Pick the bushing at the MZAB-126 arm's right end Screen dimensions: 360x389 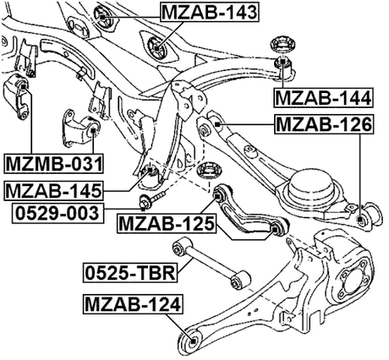pyautogui.click(x=363, y=220)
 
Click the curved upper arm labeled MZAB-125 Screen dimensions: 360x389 pyautogui.click(x=249, y=215)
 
